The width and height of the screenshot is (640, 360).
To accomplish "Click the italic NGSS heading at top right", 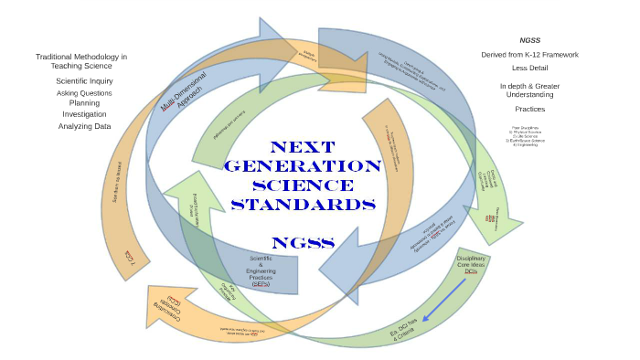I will (x=531, y=40).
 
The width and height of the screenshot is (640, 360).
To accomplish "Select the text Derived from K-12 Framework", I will (x=530, y=55).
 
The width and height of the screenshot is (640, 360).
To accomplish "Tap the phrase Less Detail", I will (x=530, y=68).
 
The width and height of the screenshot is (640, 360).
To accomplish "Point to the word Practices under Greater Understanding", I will (x=530, y=109).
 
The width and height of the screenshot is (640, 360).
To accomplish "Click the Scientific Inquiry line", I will (x=84, y=81).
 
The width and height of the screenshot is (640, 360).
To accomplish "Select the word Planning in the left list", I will (x=84, y=103).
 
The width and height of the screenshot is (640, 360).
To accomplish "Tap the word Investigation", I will (x=84, y=114).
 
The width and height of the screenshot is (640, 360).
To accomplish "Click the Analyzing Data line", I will (x=84, y=126).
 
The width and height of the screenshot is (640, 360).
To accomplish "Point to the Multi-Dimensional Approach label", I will (x=184, y=91).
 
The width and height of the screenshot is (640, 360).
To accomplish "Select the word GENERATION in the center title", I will (x=303, y=166).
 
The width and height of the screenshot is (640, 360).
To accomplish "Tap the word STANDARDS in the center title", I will (x=303, y=204).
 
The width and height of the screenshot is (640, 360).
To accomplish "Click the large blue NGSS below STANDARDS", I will (x=303, y=242).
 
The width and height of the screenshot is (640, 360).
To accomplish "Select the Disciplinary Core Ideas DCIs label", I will (x=471, y=265).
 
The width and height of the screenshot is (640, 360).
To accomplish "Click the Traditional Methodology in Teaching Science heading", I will (x=81, y=61).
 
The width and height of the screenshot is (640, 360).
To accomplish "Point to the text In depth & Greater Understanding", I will (x=530, y=90).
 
